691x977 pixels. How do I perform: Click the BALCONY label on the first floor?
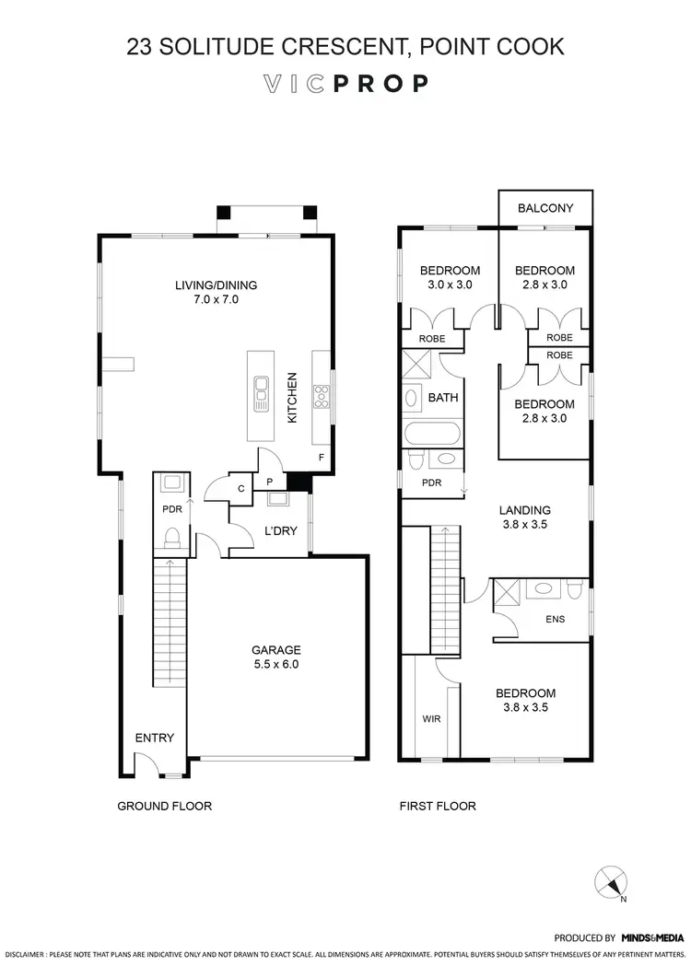545,208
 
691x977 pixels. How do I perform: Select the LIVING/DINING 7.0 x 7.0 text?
216,292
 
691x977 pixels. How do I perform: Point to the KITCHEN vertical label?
292,397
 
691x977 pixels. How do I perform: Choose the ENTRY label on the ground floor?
154,738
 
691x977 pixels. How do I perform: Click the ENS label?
555,619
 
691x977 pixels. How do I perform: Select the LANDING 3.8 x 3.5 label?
525,517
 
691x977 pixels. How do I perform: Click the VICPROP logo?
345,84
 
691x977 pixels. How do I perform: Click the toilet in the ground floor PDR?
171,537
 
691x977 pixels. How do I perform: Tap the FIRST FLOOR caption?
437,807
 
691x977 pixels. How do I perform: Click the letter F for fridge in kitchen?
321,457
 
